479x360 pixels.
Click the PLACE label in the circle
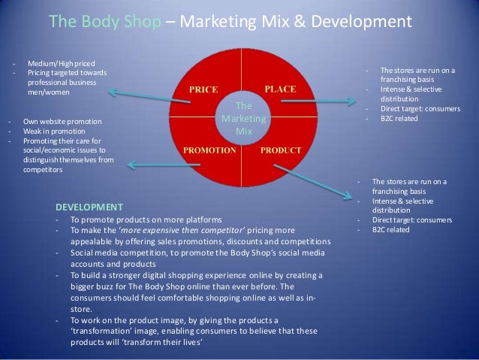coord(281,89)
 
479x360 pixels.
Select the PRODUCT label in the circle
coord(281,150)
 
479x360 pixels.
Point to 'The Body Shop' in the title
coord(105,21)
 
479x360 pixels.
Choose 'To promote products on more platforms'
coord(147,220)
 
